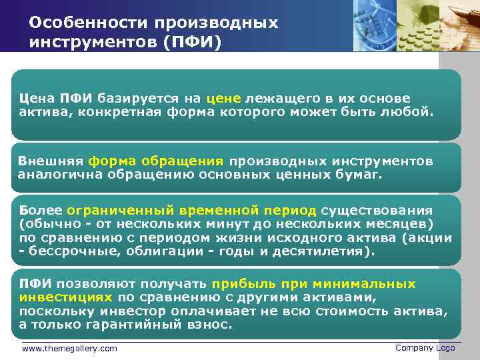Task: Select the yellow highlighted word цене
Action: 227,99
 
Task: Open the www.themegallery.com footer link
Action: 69,348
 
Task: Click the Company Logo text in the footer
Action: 425,347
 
